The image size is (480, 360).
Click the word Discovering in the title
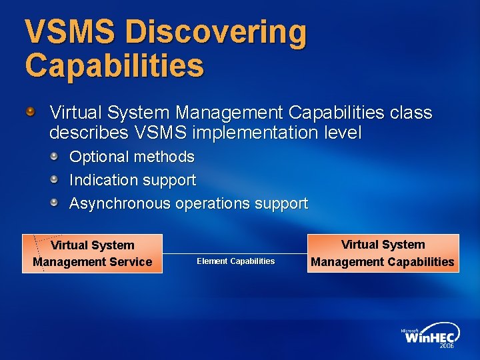(216, 33)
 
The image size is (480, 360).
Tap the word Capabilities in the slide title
(114, 65)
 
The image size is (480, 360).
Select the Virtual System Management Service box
(92, 253)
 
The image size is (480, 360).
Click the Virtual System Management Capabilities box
(383, 253)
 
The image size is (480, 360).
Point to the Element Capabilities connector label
(235, 261)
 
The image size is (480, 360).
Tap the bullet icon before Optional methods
(54, 156)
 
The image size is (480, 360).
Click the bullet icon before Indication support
(54, 179)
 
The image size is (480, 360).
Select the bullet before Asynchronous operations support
(54, 203)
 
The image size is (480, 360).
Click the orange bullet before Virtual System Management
(31, 109)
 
